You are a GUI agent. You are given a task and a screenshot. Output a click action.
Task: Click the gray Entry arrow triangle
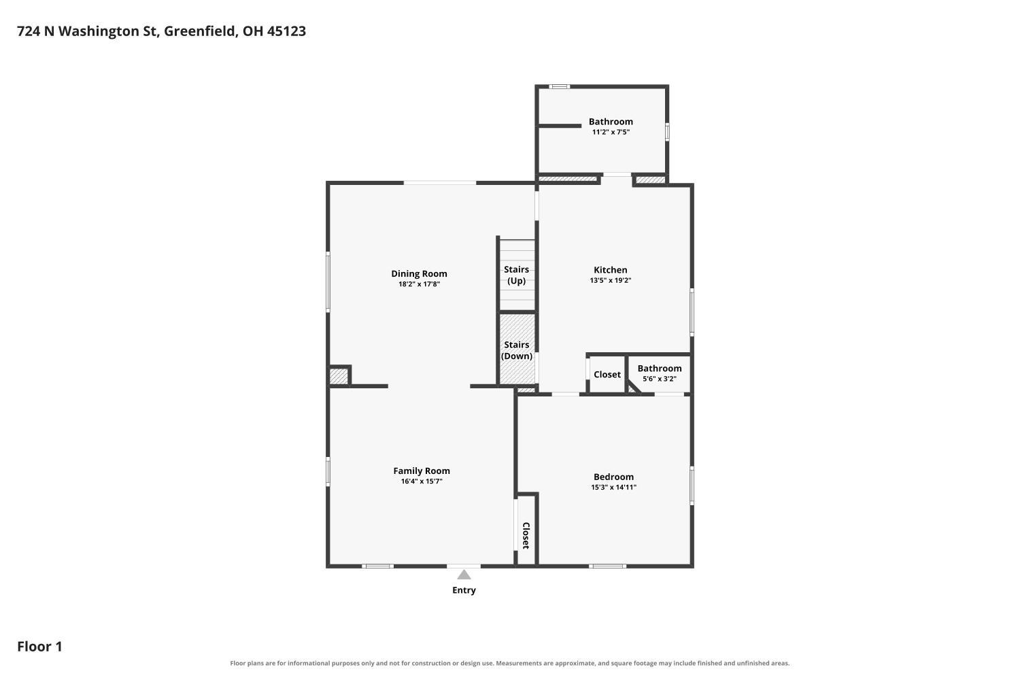point(464,575)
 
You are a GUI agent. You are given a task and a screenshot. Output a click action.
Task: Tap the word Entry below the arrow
point(464,590)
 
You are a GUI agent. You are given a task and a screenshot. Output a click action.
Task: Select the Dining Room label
point(419,274)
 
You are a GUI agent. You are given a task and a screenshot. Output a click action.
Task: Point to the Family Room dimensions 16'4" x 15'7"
point(422,481)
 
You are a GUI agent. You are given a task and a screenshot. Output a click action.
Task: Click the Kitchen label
point(610,270)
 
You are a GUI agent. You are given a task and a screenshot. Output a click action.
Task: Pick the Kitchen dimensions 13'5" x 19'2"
point(610,281)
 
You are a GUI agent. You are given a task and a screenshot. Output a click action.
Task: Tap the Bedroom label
point(613,477)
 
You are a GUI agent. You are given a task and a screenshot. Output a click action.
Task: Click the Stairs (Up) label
point(516,275)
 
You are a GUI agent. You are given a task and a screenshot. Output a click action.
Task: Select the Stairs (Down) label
point(516,350)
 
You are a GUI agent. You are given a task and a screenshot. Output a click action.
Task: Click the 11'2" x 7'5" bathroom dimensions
point(611,132)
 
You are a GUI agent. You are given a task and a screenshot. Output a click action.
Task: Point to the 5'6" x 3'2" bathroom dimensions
point(660,379)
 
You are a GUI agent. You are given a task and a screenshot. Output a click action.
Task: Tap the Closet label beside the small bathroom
point(607,375)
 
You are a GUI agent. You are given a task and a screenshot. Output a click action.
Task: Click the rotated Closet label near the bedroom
point(526,535)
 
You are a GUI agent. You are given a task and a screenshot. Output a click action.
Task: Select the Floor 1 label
point(39,647)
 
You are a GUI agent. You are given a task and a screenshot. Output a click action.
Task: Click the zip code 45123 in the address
point(286,31)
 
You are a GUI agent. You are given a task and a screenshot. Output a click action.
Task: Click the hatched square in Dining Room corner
point(339,377)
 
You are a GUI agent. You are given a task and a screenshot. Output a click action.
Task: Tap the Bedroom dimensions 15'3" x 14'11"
point(613,488)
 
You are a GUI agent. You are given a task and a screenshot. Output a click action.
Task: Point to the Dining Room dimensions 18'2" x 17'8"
point(419,284)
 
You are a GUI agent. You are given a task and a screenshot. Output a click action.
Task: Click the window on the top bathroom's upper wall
point(559,86)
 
